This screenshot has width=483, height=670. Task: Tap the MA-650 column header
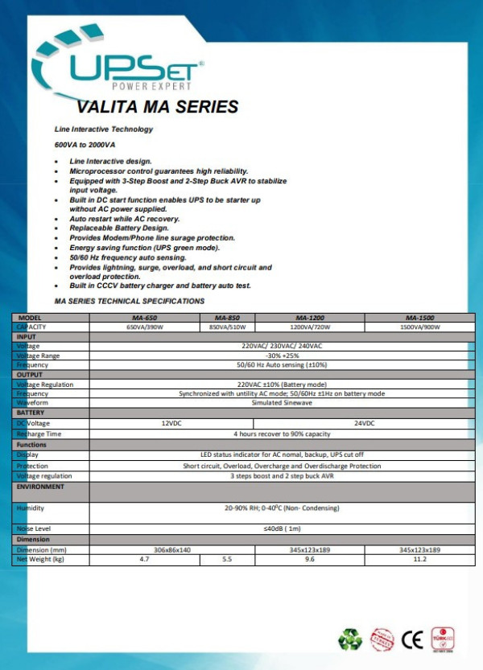pos(144,318)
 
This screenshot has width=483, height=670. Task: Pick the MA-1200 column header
pos(309,318)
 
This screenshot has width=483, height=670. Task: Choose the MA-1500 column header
pos(419,318)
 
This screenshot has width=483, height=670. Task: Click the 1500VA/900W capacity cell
pos(419,327)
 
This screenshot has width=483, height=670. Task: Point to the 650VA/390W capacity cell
pos(144,327)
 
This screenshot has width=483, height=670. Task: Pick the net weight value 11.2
pos(419,558)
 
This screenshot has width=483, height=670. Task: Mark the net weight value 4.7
pos(144,558)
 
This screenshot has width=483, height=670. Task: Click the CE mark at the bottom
pos(412,639)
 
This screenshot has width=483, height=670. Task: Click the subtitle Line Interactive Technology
pos(103,129)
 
